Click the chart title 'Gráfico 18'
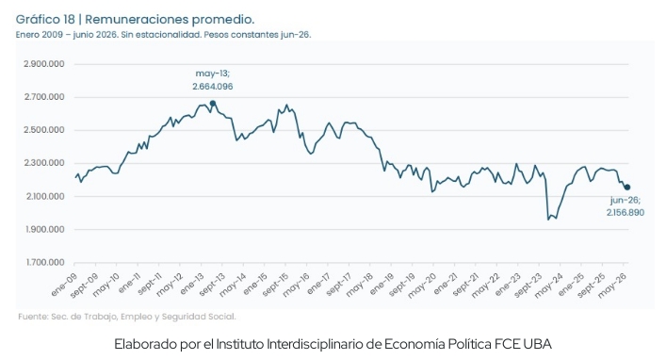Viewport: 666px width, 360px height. tap(45, 20)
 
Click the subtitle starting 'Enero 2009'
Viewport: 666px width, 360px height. tap(163, 35)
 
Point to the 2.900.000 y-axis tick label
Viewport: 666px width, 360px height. tap(44, 64)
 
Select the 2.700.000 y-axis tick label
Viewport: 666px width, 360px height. tap(44, 97)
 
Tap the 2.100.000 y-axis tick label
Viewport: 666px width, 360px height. tap(44, 196)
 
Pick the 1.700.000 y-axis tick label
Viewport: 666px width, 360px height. tap(45, 263)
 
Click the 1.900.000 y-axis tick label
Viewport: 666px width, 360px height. tap(45, 230)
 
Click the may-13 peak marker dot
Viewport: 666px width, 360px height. tap(213, 104)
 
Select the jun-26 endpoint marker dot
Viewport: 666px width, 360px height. tap(627, 188)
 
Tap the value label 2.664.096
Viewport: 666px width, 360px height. tap(212, 87)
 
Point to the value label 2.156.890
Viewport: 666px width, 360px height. tap(625, 213)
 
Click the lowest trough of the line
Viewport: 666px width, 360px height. tap(548, 220)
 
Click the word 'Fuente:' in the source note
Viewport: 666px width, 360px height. tap(33, 317)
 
